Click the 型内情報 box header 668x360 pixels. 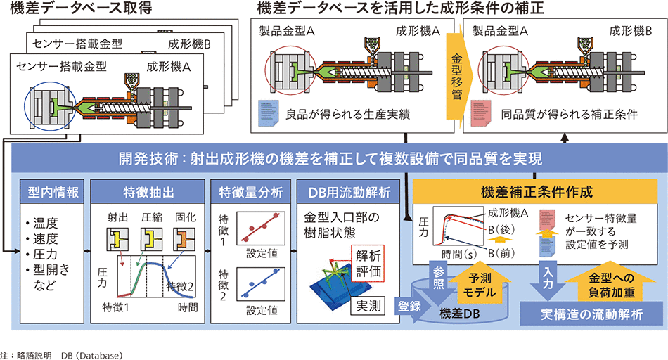[x=50, y=191]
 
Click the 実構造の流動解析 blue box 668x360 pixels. [x=592, y=314]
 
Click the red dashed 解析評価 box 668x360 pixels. [x=370, y=264]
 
